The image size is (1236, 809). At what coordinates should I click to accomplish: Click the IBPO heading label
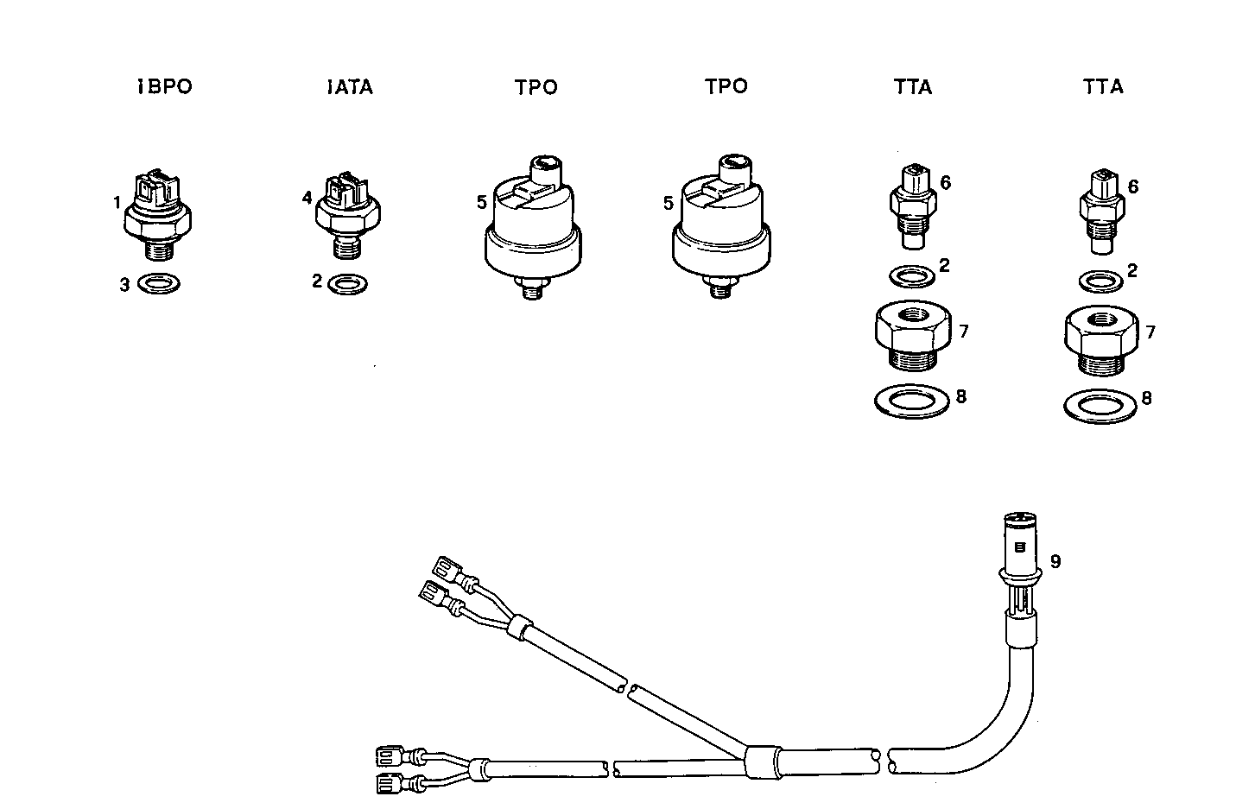[165, 86]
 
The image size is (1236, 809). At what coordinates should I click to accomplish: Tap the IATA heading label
[351, 87]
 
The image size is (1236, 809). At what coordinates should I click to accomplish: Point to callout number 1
[116, 204]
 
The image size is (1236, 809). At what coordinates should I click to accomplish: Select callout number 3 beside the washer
[124, 284]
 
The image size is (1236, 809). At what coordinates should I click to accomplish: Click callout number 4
[307, 198]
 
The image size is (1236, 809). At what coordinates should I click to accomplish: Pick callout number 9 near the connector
[1055, 561]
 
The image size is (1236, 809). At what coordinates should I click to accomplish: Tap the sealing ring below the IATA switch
[347, 281]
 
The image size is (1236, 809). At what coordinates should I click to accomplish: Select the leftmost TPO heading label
[536, 87]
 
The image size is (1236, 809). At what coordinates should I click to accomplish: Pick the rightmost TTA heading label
[1103, 86]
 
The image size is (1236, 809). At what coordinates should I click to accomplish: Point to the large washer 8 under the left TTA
[911, 401]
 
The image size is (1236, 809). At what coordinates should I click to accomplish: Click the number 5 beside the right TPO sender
[668, 204]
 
